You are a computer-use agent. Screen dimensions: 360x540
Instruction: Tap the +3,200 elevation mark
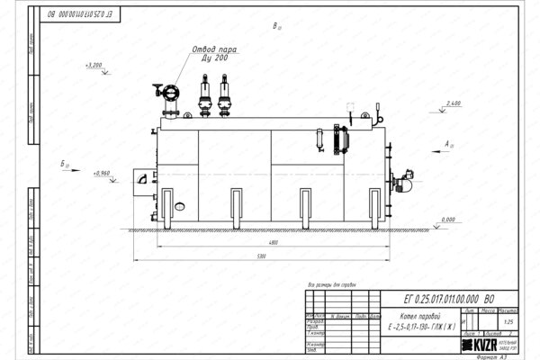click(x=94, y=66)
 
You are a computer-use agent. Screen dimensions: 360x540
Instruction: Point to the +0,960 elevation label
click(x=100, y=172)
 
